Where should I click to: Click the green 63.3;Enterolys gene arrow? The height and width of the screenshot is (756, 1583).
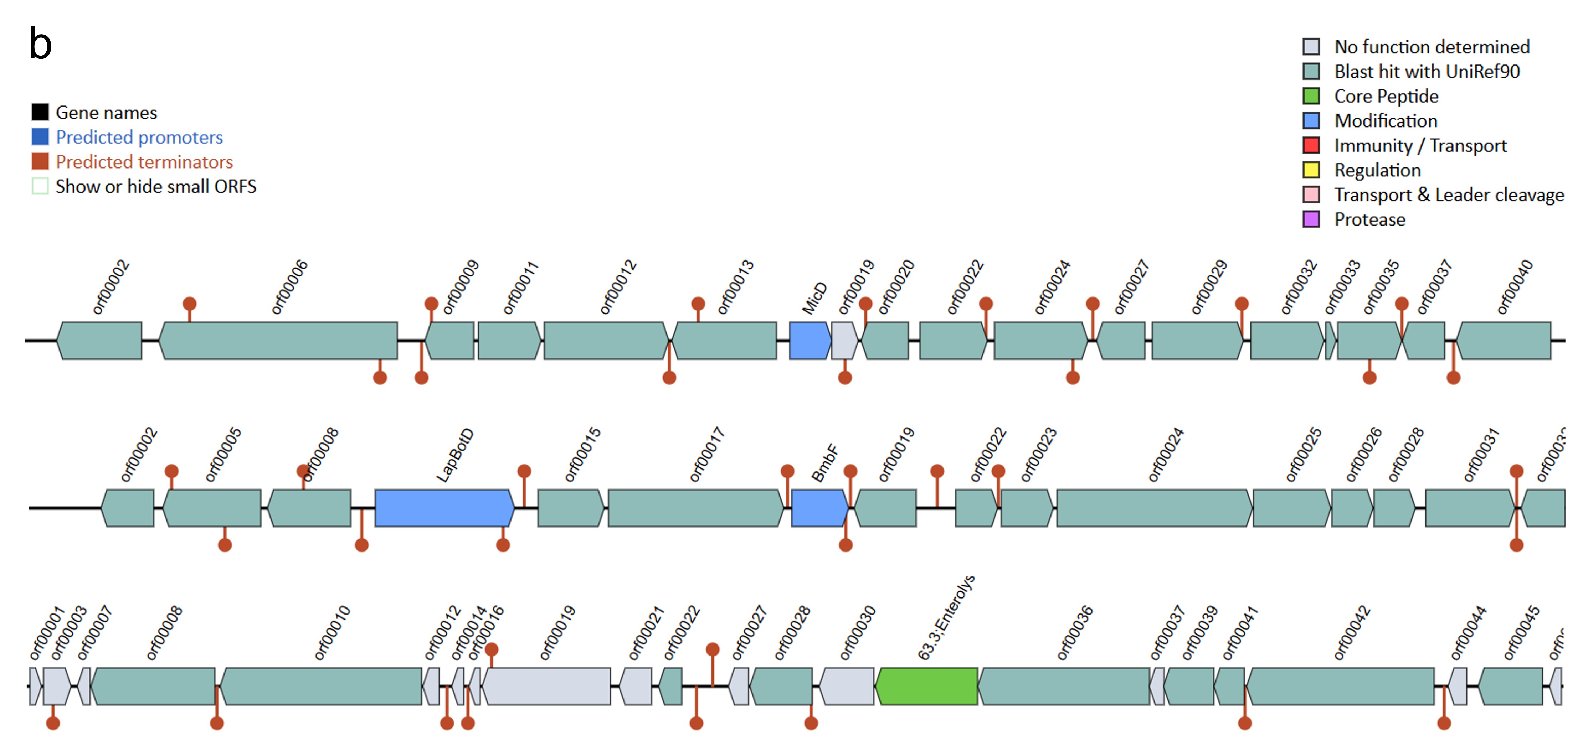tap(927, 686)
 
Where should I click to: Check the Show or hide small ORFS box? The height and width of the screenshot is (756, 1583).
tap(40, 186)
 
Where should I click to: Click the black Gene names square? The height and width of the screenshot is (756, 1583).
tap(40, 112)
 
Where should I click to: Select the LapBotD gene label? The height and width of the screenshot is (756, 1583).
tap(455, 455)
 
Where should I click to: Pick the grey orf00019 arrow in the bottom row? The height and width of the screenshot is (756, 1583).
tap(546, 686)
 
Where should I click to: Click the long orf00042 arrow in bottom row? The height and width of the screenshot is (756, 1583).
tap(1340, 686)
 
